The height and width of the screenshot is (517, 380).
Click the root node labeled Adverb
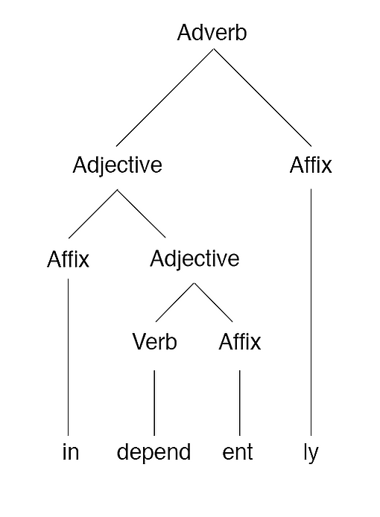[212, 33]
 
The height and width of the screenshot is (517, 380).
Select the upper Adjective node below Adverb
[118, 165]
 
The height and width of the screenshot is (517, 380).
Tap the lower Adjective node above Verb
[194, 258]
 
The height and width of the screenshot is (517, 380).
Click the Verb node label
[155, 342]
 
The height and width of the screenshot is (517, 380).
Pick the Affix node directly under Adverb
[311, 165]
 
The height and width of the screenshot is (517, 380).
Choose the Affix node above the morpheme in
[68, 259]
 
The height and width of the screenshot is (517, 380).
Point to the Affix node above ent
[240, 342]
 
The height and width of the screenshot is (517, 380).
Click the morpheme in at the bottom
[71, 451]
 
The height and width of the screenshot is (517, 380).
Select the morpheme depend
[153, 453]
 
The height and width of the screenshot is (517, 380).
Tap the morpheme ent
[238, 452]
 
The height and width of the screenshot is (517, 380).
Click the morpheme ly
[311, 454]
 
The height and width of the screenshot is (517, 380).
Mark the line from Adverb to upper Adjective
[165, 98]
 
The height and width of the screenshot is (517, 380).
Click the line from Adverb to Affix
[262, 98]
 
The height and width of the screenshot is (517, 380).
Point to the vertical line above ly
[311, 312]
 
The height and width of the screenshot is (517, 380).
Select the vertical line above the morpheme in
[69, 357]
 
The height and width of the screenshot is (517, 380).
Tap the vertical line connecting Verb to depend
[154, 403]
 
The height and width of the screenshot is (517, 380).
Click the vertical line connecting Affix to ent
[240, 403]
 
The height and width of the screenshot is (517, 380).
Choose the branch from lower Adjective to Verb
[175, 302]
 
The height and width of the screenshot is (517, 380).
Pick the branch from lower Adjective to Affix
[213, 302]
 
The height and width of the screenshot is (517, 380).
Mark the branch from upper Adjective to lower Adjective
[142, 214]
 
